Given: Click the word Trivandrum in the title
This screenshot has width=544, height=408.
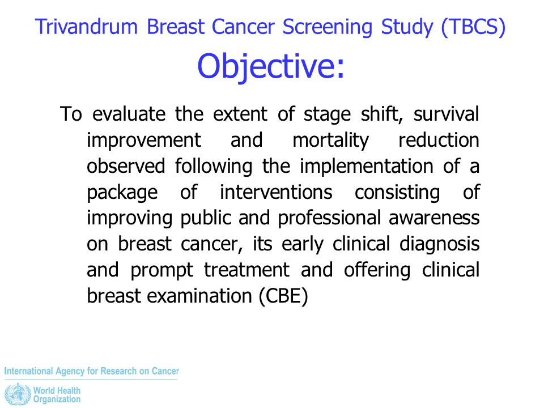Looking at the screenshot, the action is click(86, 27).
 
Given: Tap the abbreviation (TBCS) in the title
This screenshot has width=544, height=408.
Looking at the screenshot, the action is click(473, 28).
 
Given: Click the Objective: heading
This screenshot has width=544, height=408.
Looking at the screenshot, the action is click(271, 66).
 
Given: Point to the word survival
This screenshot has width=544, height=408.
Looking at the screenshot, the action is click(446, 114).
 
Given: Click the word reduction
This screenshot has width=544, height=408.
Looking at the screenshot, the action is click(439, 140).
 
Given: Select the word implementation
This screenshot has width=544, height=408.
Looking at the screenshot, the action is click(367, 167).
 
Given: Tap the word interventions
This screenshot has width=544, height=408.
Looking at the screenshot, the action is click(276, 192).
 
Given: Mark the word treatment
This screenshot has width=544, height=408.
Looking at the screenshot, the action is click(246, 270).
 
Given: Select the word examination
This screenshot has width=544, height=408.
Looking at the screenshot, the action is click(199, 296).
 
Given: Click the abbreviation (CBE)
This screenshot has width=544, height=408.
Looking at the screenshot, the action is click(283, 296).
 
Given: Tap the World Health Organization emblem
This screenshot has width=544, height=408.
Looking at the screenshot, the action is click(18, 395).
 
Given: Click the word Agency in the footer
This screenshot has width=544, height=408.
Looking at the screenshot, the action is click(70, 372).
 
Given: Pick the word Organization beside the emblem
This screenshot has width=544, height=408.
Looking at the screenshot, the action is click(57, 399).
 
